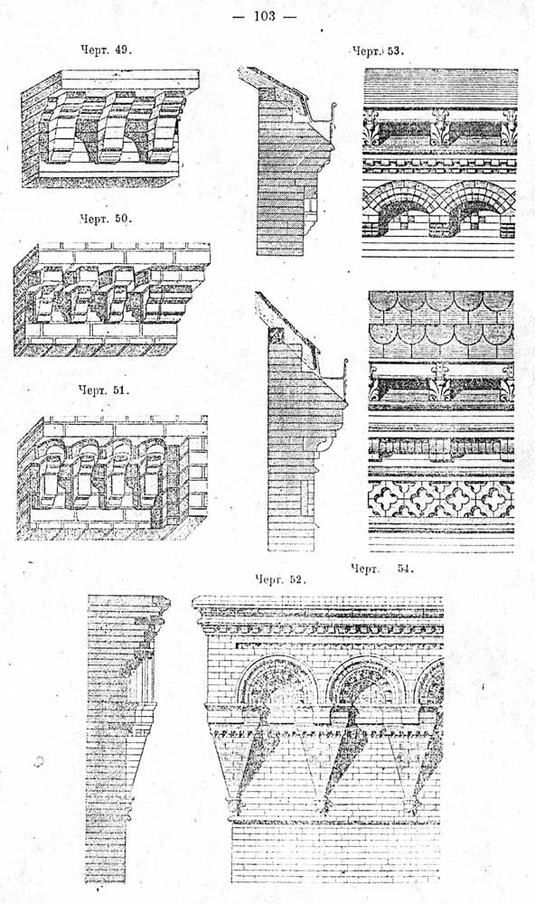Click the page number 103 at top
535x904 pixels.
265,16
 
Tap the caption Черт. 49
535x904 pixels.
106,50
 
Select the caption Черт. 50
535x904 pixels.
106,219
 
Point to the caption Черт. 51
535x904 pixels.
104,390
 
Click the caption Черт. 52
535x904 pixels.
279,579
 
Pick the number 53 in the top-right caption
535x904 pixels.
395,52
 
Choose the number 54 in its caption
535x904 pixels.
405,569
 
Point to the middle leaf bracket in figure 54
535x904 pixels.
439,381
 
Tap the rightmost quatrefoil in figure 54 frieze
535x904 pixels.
498,498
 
